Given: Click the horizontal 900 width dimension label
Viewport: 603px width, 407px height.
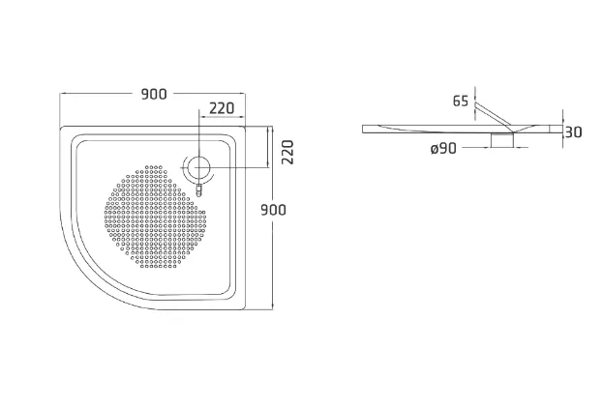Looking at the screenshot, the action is [154, 94].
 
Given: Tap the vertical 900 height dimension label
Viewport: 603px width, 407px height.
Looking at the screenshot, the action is [273, 210].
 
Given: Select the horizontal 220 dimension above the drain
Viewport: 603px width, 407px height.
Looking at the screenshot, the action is [222, 108].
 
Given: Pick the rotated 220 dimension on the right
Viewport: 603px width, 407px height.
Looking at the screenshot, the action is [287, 153].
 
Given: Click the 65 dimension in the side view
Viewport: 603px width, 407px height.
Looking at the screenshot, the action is [461, 101].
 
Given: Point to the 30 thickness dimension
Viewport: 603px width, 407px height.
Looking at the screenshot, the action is [573, 132].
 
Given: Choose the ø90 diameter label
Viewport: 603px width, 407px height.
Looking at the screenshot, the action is [444, 148].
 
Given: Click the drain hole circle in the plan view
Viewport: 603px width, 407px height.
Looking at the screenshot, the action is [199, 168].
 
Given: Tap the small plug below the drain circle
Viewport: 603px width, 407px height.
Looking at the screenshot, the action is [198, 190].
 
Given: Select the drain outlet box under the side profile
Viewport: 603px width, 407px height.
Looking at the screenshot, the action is [502, 140].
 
